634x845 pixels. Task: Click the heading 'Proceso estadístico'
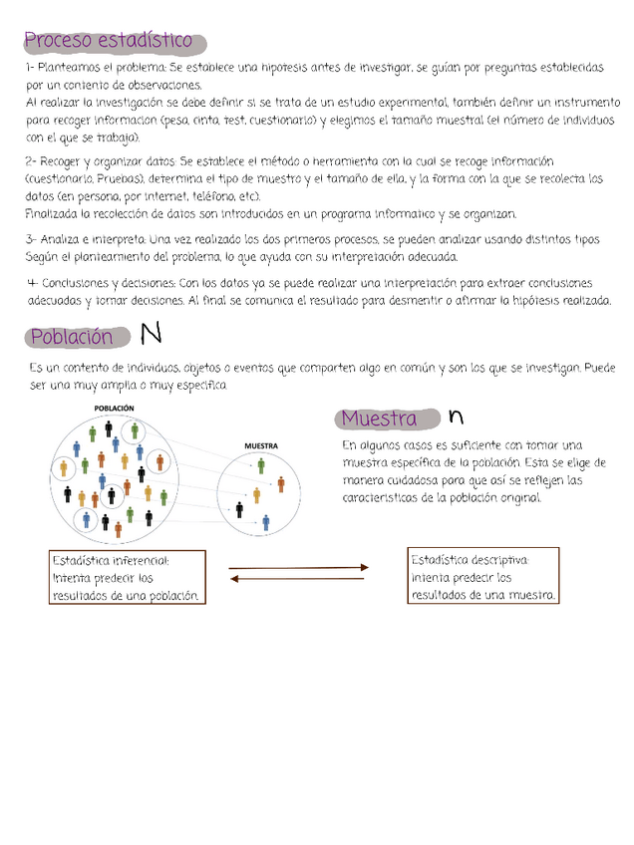(109, 41)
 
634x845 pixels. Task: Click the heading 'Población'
(72, 337)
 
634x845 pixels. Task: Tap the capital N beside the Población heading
(152, 333)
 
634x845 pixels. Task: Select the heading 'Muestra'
(380, 418)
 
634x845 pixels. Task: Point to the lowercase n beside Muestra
(456, 417)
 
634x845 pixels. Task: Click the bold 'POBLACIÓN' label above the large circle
(114, 409)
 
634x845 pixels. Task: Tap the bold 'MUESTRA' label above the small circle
(261, 445)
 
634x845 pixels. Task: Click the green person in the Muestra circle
(261, 465)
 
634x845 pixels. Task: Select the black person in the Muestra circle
(239, 509)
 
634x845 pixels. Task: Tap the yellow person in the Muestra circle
(256, 494)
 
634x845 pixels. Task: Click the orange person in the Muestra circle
(281, 484)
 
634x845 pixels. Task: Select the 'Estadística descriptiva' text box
(483, 576)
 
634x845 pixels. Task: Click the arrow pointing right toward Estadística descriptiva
(298, 568)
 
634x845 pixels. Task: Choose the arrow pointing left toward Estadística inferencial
(298, 578)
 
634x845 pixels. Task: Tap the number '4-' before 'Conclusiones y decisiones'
(32, 282)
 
